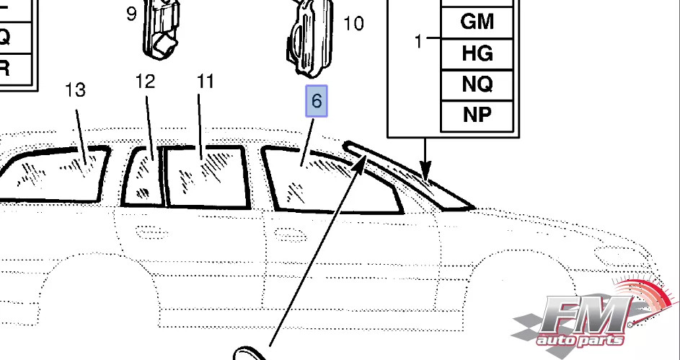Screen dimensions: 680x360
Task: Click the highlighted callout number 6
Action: click(x=317, y=102)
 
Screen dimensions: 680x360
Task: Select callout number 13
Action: click(x=76, y=90)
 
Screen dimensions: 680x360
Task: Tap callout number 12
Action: click(x=145, y=82)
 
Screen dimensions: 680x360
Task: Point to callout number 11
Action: click(x=206, y=82)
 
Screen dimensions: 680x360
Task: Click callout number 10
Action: click(x=353, y=25)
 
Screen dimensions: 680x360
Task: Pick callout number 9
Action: click(x=131, y=14)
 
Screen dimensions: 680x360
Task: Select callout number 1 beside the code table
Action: click(x=418, y=42)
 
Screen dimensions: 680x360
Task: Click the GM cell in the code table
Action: click(x=477, y=22)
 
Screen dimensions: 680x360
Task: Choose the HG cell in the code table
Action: click(x=477, y=53)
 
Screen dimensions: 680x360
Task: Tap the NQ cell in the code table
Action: click(x=477, y=84)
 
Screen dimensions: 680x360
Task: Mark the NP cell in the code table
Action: click(x=477, y=115)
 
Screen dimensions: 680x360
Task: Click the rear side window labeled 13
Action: click(x=54, y=173)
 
